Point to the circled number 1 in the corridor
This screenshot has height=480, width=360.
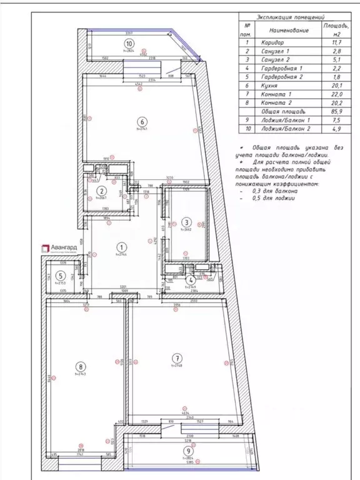[x=122, y=247]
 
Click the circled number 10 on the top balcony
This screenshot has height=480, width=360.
[x=128, y=44]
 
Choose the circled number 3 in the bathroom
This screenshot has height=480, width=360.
[x=186, y=222]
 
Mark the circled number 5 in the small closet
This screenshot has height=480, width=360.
[x=60, y=276]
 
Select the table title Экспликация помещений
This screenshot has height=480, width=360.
[x=295, y=19]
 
